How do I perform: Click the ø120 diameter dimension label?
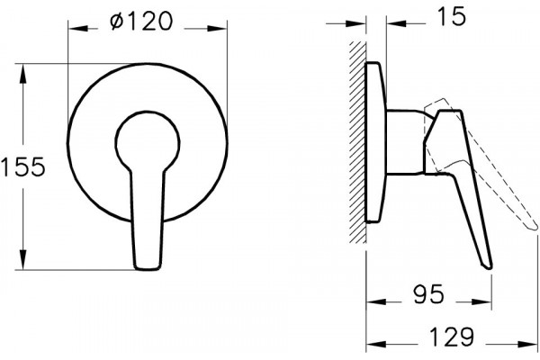pos(141,21)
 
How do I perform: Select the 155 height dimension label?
pos(22,166)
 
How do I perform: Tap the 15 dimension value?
pos(451,16)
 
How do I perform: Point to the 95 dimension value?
pos(429,294)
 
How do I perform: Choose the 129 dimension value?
pos(452,337)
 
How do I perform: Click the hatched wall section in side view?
pos(357,142)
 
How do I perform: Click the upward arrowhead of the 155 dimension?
pos(22,74)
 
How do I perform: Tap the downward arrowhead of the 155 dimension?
pos(22,260)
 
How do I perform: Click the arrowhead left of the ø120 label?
pos(78,29)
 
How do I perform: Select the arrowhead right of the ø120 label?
pos(217,29)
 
